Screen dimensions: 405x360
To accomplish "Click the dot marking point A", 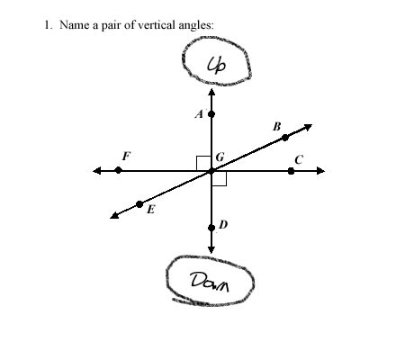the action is pyautogui.click(x=211, y=114).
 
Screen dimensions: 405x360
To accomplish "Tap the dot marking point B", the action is pyautogui.click(x=285, y=138).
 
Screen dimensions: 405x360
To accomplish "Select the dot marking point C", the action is pyautogui.click(x=291, y=171).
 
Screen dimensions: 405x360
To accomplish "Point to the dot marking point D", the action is pyautogui.click(x=211, y=228).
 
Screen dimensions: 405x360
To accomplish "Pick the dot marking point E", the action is pyautogui.click(x=139, y=204).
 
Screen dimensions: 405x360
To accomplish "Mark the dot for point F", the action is pyautogui.click(x=119, y=170).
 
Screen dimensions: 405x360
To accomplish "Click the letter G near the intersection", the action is pyautogui.click(x=220, y=157).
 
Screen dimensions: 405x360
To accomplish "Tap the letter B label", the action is pyautogui.click(x=277, y=127).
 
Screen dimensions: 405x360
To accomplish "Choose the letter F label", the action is pyautogui.click(x=127, y=156).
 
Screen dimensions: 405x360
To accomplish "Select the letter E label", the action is pyautogui.click(x=151, y=209).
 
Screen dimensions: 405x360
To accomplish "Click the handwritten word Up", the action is pyautogui.click(x=217, y=65).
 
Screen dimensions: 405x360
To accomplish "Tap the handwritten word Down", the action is pyautogui.click(x=210, y=282).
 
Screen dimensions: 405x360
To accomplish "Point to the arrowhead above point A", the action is pyautogui.click(x=211, y=92).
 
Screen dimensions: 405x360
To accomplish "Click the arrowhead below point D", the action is pyautogui.click(x=211, y=249).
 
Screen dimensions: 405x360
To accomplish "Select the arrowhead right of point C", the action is pyautogui.click(x=321, y=171).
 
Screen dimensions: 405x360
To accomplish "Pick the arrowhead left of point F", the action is pyautogui.click(x=97, y=171).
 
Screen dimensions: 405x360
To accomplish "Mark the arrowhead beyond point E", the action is pyautogui.click(x=114, y=215).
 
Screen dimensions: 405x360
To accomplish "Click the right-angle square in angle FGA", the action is pyautogui.click(x=204, y=164).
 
